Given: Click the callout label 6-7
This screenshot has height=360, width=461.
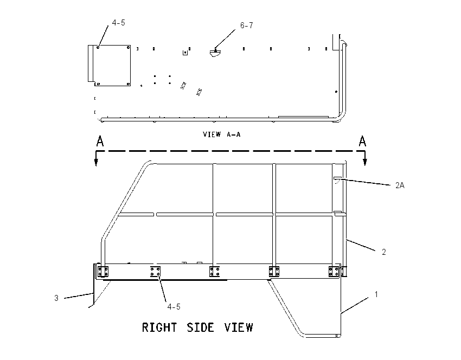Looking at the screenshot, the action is click(x=246, y=25).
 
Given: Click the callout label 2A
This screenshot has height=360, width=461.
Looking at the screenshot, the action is click(x=400, y=185).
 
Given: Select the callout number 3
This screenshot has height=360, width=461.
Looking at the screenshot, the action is click(x=56, y=298).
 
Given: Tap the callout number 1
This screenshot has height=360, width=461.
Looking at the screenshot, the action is click(x=376, y=294).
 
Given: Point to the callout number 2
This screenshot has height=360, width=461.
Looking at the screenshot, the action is click(x=383, y=252).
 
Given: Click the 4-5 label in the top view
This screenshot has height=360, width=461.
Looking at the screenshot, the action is click(x=118, y=23).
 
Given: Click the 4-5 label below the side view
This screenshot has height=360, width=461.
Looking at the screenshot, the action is click(x=174, y=307).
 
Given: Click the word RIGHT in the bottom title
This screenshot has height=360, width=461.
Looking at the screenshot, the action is click(x=159, y=327).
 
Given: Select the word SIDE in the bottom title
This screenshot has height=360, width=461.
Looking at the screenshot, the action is click(x=201, y=327).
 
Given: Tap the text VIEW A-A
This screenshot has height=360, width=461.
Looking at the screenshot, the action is click(x=222, y=134).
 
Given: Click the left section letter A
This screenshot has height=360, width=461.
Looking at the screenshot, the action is click(x=100, y=141).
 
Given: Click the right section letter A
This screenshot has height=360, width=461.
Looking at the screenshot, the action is click(x=362, y=141).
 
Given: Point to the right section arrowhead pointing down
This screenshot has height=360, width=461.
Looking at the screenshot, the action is click(x=365, y=162).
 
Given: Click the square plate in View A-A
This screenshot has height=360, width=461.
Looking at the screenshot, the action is click(x=112, y=66).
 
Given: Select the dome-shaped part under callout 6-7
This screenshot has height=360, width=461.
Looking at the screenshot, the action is click(x=215, y=53).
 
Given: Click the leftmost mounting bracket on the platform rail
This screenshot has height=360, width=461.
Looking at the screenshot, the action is click(x=103, y=272).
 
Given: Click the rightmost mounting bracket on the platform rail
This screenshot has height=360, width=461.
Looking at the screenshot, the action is click(x=334, y=272).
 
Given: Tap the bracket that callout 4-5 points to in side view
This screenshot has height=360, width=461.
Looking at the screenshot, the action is click(x=155, y=272).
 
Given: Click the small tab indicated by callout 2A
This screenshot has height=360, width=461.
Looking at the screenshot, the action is click(x=337, y=178).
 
